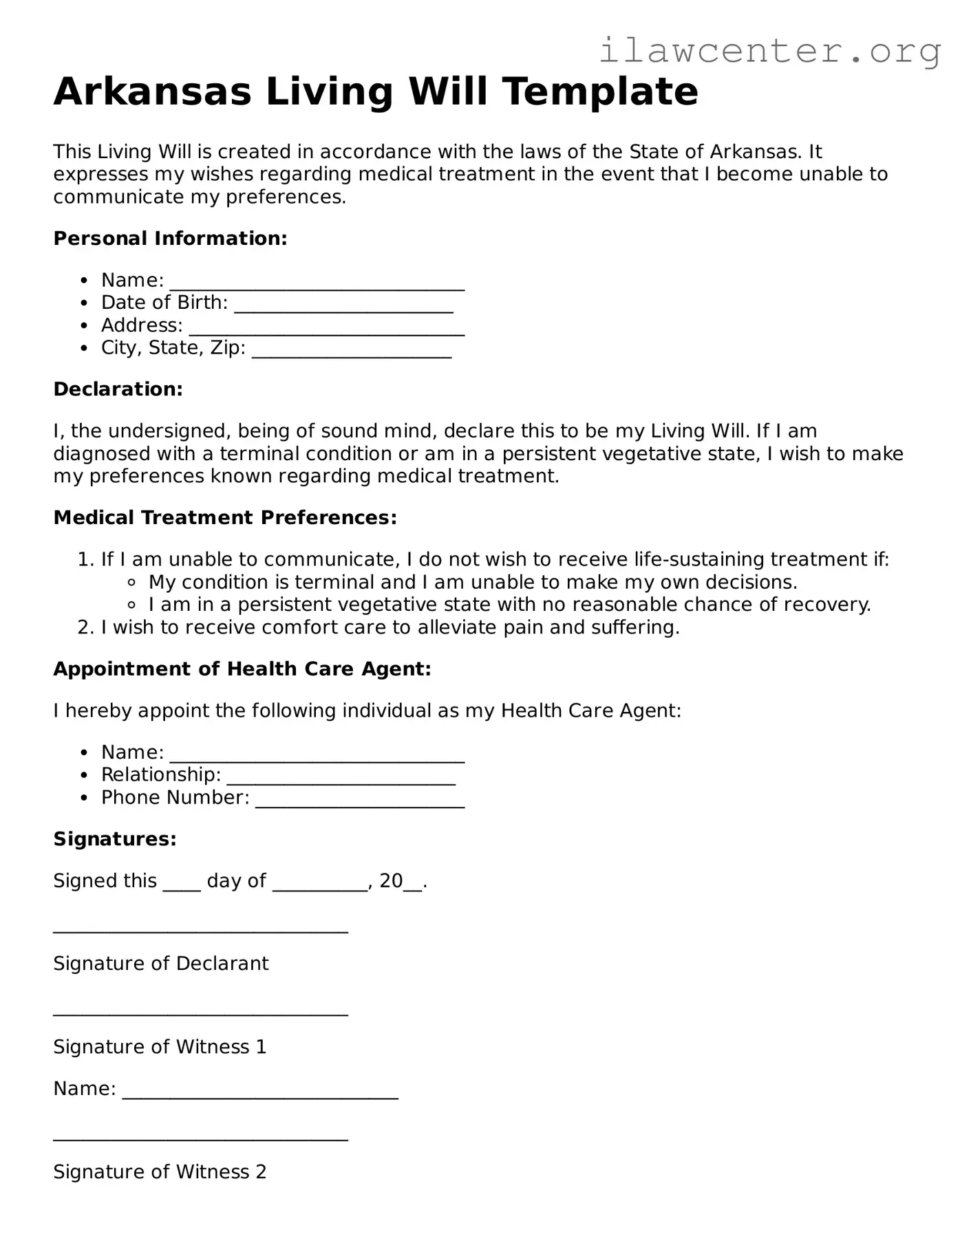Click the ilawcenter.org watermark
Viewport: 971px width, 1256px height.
pos(769,52)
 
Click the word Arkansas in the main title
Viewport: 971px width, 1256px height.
pos(153,91)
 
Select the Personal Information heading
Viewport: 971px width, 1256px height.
pos(170,239)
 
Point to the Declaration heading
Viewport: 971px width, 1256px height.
pos(118,389)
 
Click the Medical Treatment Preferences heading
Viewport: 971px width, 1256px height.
pos(225,518)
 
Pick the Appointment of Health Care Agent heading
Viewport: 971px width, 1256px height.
pos(242,669)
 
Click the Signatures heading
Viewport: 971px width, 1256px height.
pos(115,839)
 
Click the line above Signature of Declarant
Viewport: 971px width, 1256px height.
pos(200,930)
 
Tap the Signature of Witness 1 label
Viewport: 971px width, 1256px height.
pos(160,1047)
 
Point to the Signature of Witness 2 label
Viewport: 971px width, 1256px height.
pos(160,1172)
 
